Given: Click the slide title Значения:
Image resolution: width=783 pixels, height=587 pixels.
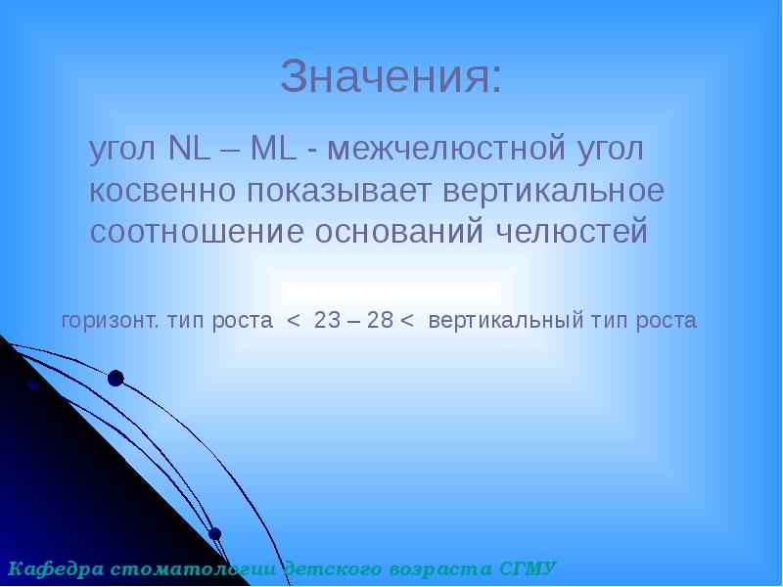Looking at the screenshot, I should pos(391,77).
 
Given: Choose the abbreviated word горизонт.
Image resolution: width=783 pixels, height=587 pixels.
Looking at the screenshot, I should pos(112,321).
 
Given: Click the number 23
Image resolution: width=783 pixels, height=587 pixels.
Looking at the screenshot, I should pos(327,321).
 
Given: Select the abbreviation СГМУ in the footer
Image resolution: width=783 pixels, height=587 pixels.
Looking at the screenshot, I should pos(529,567).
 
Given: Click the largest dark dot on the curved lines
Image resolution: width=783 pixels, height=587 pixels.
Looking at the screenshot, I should pos(115,378).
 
